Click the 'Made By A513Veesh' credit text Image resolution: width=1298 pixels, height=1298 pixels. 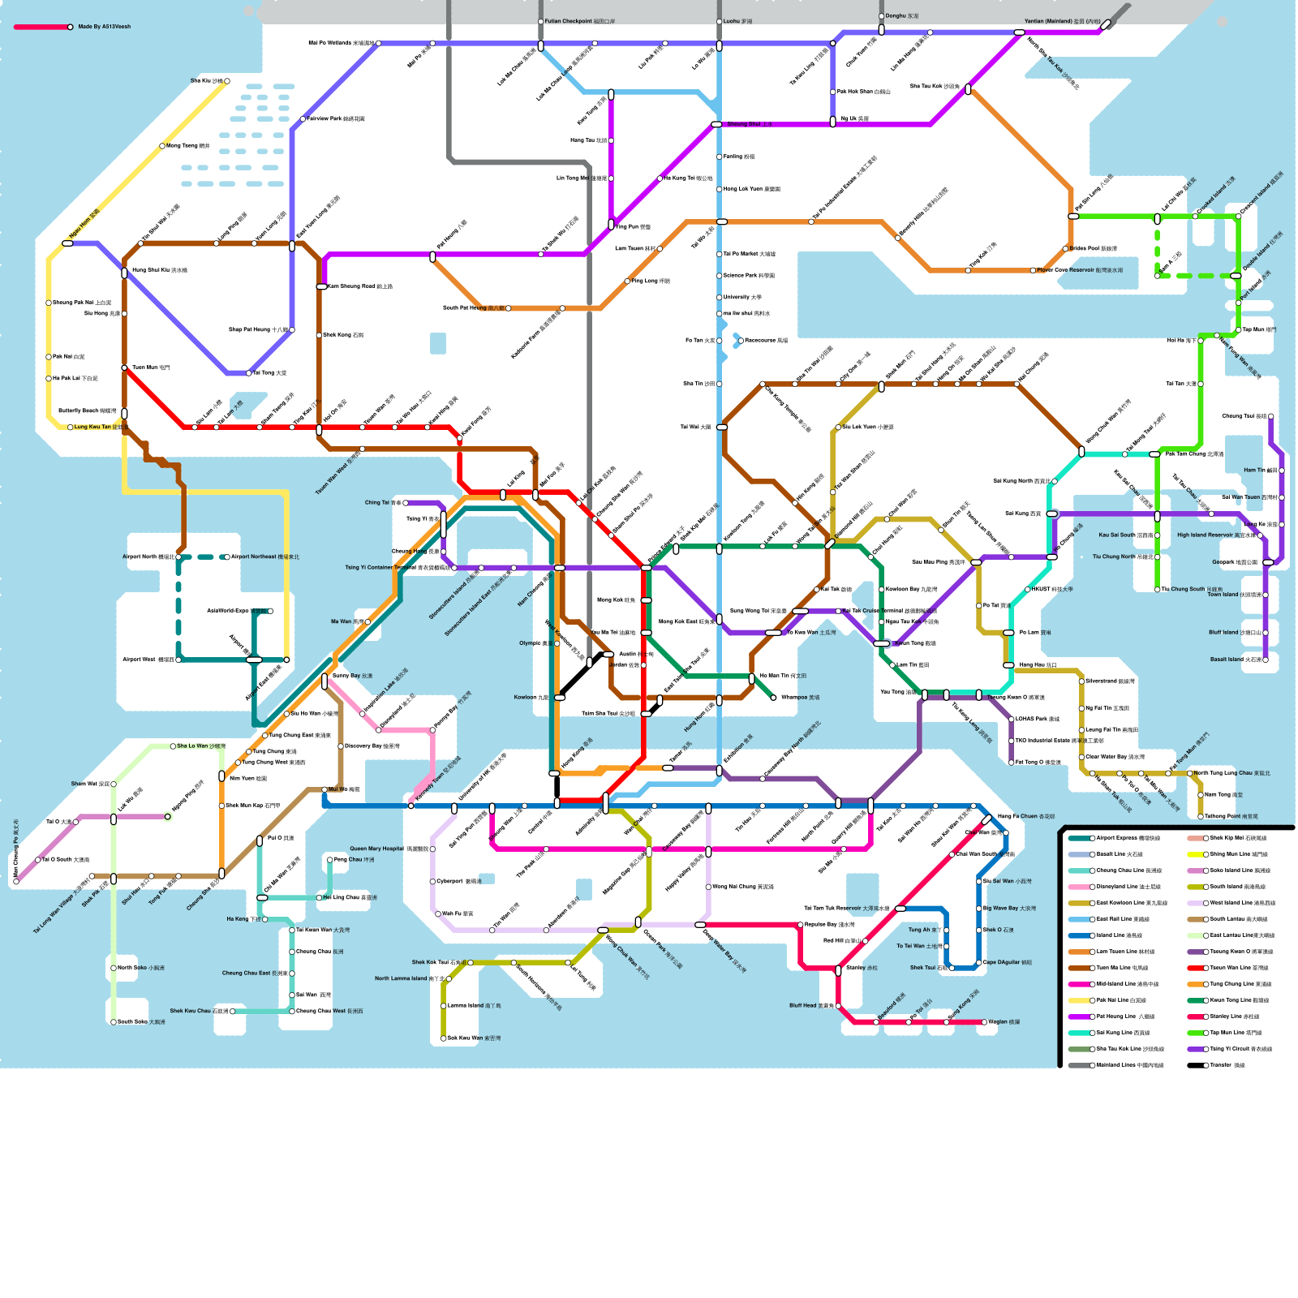click(104, 27)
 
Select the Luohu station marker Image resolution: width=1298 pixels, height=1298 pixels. click(719, 22)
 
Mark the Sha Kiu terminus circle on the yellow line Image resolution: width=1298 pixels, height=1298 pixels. click(227, 81)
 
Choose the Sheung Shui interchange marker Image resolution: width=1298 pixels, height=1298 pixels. click(716, 124)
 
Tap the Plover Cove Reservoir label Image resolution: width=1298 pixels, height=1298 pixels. click(1080, 270)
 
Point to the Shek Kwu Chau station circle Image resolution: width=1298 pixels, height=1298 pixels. click(232, 1012)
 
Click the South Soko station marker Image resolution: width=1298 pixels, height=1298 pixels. click(114, 1022)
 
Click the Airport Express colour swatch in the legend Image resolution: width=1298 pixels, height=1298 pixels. click(1079, 838)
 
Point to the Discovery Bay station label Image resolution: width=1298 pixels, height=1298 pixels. click(372, 746)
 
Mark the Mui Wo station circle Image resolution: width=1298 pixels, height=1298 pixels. click(324, 789)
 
